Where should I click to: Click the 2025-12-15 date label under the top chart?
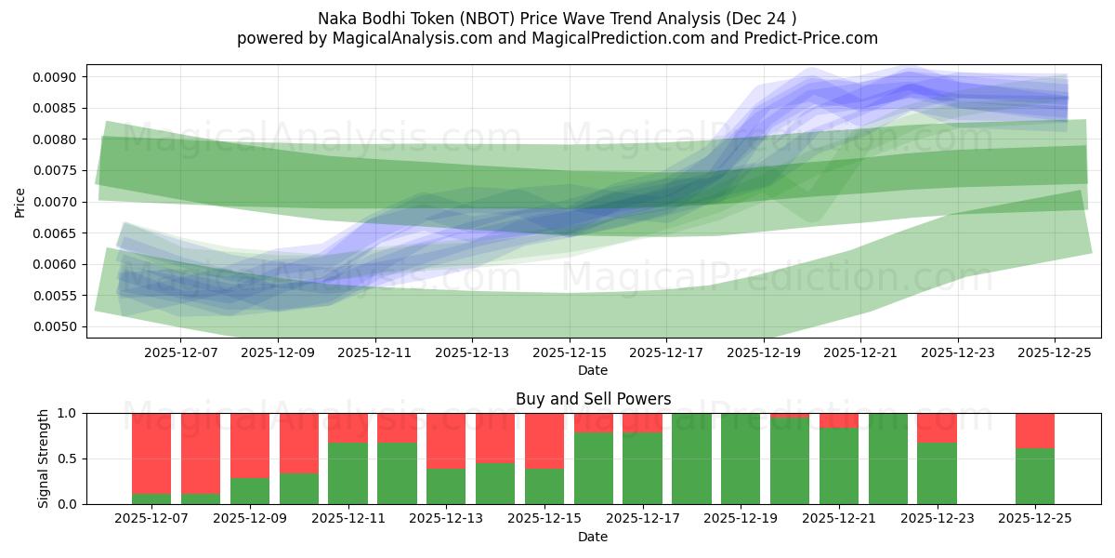click(x=570, y=352)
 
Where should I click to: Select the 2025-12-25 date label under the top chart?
click(x=1055, y=352)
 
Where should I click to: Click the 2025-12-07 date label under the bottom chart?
click(x=151, y=519)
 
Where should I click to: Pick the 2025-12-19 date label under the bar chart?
click(x=741, y=519)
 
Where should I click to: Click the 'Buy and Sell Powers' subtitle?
click(x=593, y=399)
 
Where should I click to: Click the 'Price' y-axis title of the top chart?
click(x=20, y=202)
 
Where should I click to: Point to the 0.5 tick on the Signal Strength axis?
click(x=70, y=458)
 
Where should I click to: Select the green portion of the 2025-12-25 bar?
click(x=1035, y=476)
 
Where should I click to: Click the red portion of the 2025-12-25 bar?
click(x=1035, y=431)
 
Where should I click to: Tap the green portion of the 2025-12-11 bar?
click(x=348, y=473)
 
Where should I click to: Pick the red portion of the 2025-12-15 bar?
click(x=544, y=440)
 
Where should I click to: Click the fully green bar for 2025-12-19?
click(x=741, y=458)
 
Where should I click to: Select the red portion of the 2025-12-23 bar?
click(x=937, y=427)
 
